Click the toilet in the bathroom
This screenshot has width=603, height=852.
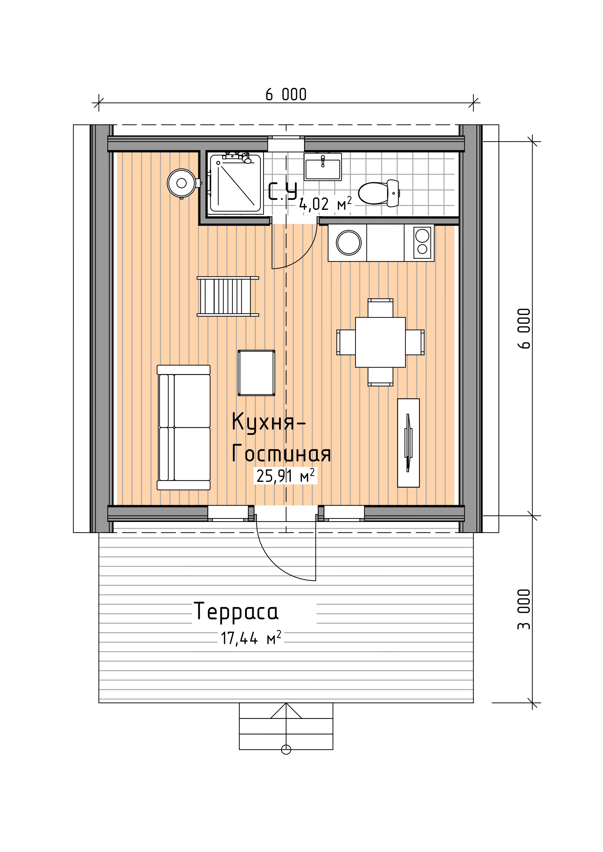pyautogui.click(x=378, y=193)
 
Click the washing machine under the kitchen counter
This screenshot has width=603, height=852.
pyautogui.click(x=348, y=243)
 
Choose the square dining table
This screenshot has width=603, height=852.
pyautogui.click(x=380, y=342)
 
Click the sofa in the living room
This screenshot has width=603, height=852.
pyautogui.click(x=184, y=427)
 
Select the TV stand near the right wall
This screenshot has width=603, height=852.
pyautogui.click(x=408, y=443)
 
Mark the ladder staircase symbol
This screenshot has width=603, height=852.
pyautogui.click(x=227, y=297)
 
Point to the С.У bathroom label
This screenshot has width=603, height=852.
pyautogui.click(x=283, y=191)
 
